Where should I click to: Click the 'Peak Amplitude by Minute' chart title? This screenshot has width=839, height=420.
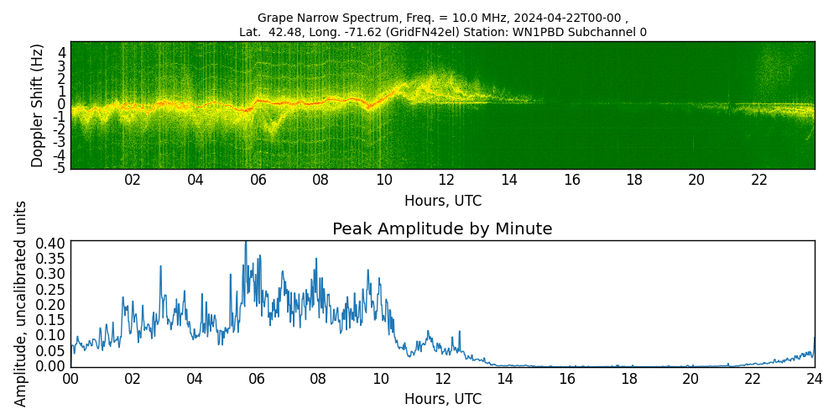coord(442,229)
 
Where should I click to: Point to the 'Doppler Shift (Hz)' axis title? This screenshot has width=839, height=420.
coord(38,106)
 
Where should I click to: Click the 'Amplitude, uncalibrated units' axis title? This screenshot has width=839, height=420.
coord(21,303)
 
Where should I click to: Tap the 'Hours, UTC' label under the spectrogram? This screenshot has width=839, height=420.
coord(442,202)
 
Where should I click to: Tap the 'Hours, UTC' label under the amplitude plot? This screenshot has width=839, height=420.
coord(442,400)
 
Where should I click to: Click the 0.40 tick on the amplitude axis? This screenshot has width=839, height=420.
coord(51,243)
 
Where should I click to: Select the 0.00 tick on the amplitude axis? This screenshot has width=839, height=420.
coord(51,366)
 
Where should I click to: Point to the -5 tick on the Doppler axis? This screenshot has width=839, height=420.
coord(60,169)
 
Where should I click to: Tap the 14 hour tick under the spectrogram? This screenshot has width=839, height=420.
coord(509,181)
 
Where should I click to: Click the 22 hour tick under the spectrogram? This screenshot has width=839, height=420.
coord(759,181)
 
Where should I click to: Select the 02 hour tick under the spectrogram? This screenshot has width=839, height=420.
coord(133,181)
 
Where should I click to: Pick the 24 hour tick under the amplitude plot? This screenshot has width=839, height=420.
coord(814,379)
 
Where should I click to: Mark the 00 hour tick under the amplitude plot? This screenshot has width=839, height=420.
coord(70,379)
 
